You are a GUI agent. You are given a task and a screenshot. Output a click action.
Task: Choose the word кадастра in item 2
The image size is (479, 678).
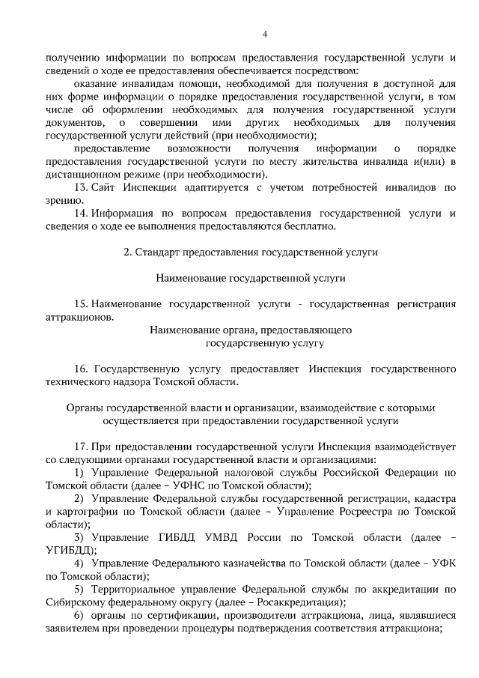(x=435, y=498)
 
